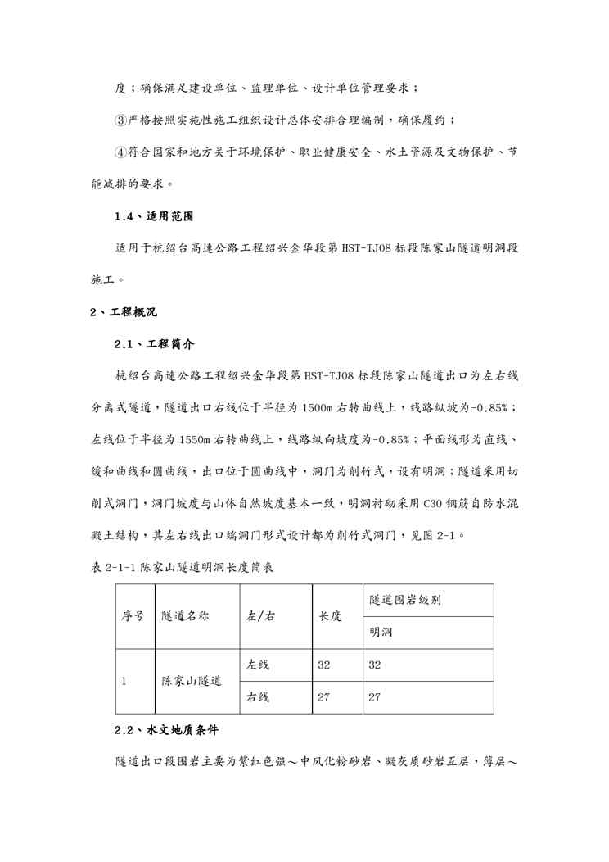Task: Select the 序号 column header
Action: (x=133, y=616)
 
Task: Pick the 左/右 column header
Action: (x=260, y=616)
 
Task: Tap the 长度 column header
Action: (x=330, y=616)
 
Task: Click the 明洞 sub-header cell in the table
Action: (x=381, y=633)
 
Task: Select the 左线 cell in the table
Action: (x=259, y=665)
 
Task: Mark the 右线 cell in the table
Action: (x=259, y=697)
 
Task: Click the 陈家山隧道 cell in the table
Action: (x=192, y=681)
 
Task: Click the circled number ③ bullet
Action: (x=120, y=120)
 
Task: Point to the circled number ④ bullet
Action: (x=120, y=152)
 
